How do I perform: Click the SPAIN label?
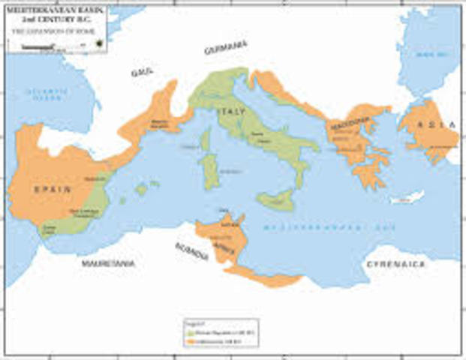click(x=53, y=189)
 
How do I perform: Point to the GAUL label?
click(x=142, y=71)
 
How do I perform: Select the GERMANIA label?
click(x=225, y=46)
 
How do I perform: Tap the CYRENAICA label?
click(x=395, y=264)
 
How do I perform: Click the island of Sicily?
click(x=275, y=199)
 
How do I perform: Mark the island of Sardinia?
click(x=209, y=169)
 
